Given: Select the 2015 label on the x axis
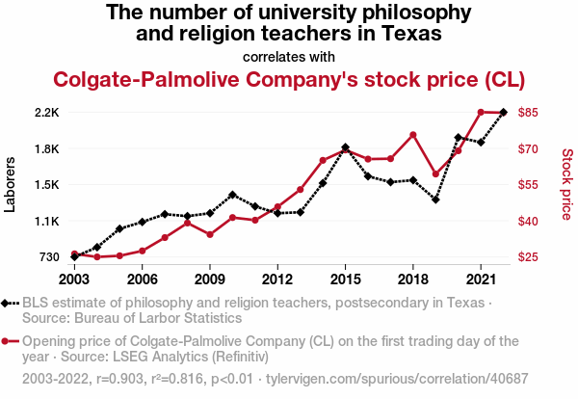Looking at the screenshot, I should coord(345,279).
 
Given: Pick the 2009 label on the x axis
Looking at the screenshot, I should coord(210,279).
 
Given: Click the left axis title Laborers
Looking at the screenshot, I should coord(11,185).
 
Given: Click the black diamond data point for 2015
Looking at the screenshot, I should coord(345,147).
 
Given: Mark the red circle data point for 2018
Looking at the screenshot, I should coord(412,135).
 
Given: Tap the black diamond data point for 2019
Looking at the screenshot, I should coord(435,199).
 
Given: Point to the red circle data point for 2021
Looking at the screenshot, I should coord(481,112).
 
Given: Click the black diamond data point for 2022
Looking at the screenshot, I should coord(503,113).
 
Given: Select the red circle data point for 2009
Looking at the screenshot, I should coord(210,234).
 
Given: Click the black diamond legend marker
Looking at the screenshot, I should coord(8,304).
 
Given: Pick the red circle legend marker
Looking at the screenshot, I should coord(8,341).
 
